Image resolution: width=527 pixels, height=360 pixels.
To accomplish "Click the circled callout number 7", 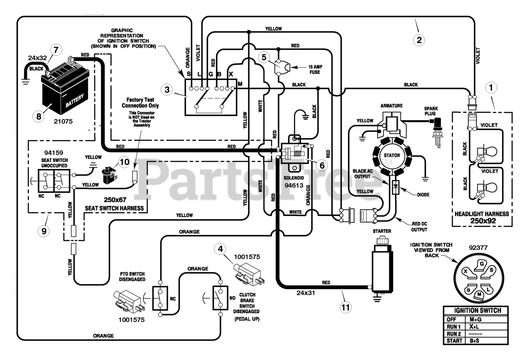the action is [56, 50].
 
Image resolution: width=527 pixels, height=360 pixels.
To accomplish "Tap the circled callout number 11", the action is [345, 307].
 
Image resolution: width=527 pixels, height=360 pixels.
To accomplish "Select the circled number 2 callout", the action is [419, 40].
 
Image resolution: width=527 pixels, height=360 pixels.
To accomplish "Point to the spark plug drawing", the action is [436, 132].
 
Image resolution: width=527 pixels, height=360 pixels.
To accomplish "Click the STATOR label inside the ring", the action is [392, 155].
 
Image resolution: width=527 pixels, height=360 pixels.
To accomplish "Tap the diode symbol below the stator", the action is [396, 187].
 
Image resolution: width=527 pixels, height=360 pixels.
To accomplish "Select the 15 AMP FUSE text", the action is [315, 70].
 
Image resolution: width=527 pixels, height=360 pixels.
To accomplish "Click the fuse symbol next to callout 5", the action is [282, 68].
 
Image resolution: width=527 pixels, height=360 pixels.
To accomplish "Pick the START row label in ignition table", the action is [454, 341].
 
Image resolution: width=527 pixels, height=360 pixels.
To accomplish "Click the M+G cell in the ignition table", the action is [476, 319].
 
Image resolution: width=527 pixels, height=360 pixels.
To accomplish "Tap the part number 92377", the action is [478, 248].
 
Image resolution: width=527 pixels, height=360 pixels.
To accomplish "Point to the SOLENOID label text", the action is [294, 178].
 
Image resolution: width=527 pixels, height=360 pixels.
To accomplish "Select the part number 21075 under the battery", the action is [63, 122].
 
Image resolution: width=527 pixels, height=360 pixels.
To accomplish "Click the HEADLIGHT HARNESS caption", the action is [482, 214].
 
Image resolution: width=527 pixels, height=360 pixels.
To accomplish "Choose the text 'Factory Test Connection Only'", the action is [140, 103].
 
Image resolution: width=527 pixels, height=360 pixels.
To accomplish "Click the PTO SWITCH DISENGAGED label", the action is [132, 276].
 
